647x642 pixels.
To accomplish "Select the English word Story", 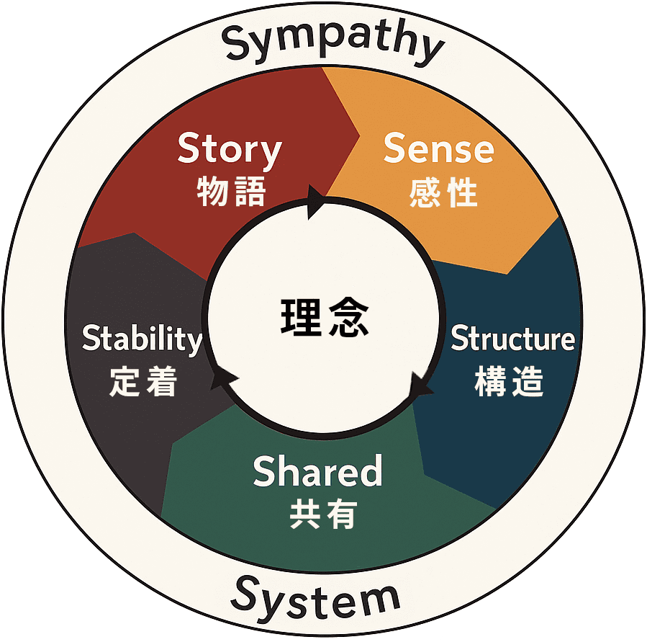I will [230, 149].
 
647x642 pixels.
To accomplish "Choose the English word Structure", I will [512, 338].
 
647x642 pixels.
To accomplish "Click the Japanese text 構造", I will [509, 382].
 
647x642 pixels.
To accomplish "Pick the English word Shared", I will [317, 472].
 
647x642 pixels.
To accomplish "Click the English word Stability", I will [142, 339].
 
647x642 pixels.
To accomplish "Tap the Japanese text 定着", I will [143, 382].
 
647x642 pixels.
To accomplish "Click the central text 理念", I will [324, 317].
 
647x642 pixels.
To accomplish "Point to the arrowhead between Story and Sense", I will [315, 201].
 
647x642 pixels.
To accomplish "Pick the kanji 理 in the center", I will [299, 317].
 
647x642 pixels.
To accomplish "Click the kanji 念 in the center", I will [348, 317].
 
